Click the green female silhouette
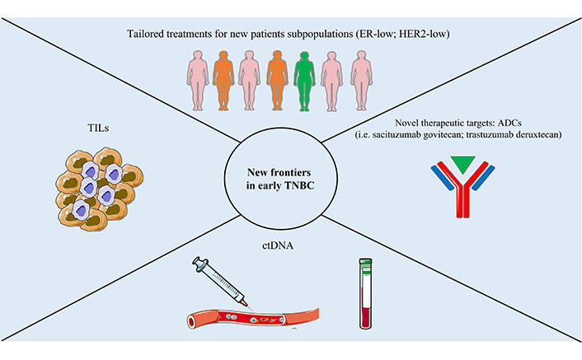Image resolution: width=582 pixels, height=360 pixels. coord(304,81)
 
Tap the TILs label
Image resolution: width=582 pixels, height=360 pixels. coord(98,128)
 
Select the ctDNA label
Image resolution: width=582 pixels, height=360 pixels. coord(278,245)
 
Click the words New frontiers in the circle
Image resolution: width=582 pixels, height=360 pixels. coord(279,172)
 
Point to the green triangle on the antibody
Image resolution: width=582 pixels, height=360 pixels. coord(463,164)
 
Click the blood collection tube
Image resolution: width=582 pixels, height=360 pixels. coord(365,293)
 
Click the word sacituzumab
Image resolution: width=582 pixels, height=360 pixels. coord(397,134)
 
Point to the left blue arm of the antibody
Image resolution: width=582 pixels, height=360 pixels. coord(443,178)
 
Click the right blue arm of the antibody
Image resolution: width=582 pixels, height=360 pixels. coord(483,178)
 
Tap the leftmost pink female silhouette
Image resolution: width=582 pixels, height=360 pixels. coord(197,81)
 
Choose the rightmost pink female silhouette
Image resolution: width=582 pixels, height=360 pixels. coord(362,81)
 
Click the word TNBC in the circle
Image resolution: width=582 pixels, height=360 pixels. coord(299,185)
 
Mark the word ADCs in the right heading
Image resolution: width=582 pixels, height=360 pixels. coord(510,123)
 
